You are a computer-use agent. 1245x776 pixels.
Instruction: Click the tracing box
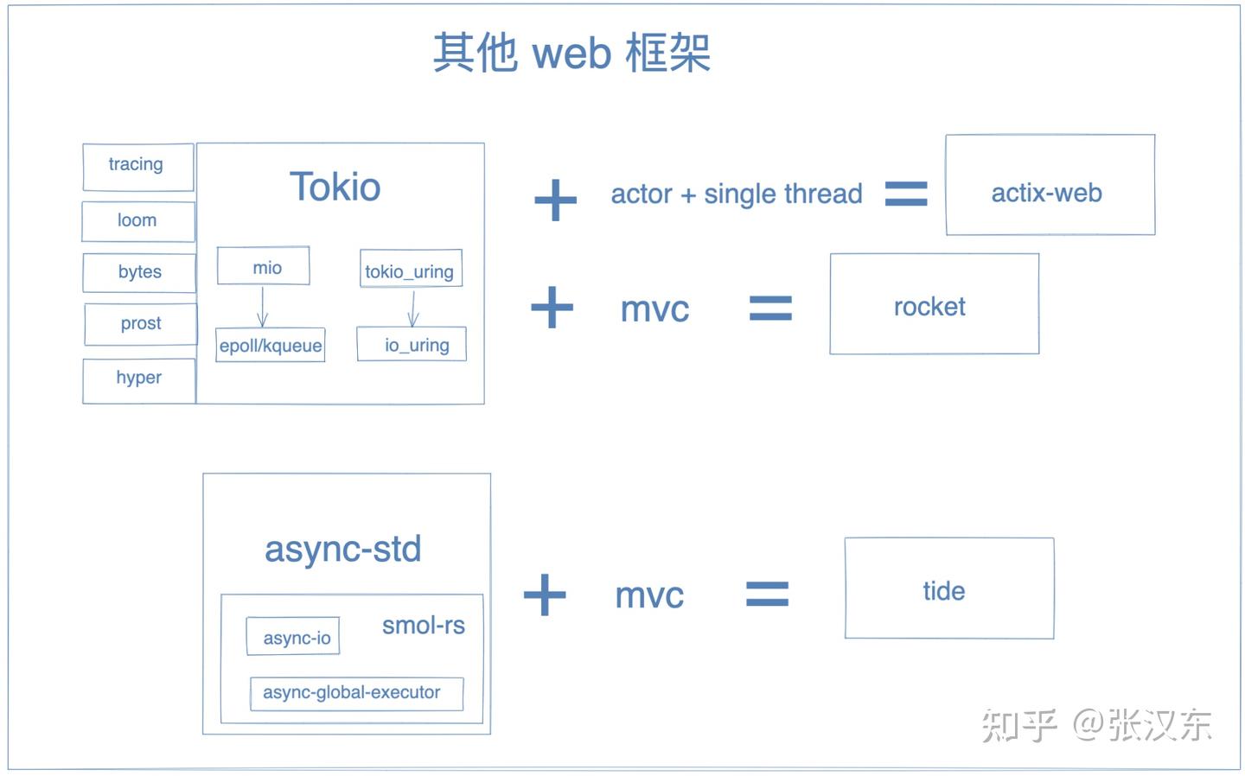coord(137,167)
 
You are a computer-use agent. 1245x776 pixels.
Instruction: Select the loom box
coord(137,221)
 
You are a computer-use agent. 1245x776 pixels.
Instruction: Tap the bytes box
coord(139,272)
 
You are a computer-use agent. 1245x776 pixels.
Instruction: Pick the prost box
coord(140,324)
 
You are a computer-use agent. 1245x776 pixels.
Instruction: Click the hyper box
coord(138,380)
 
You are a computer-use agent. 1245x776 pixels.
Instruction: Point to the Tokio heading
coord(335,188)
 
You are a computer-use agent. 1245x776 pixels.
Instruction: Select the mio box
coord(264,267)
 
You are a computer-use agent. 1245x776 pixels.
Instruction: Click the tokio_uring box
coord(410,270)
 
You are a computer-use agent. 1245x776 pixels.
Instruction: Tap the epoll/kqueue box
coord(270,346)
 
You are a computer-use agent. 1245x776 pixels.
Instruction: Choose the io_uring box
coord(412,345)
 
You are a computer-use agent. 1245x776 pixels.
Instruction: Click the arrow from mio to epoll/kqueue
coord(262,307)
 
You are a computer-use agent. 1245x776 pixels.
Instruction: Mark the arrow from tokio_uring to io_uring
coord(412,308)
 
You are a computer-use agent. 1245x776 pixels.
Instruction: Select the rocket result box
coord(934,304)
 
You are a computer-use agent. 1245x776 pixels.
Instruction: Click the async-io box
coord(293,637)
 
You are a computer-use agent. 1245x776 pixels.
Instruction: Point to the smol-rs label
coord(424,625)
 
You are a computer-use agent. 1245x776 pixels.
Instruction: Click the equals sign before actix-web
coord(905,194)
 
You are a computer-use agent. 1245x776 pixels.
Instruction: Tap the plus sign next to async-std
coord(545,595)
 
